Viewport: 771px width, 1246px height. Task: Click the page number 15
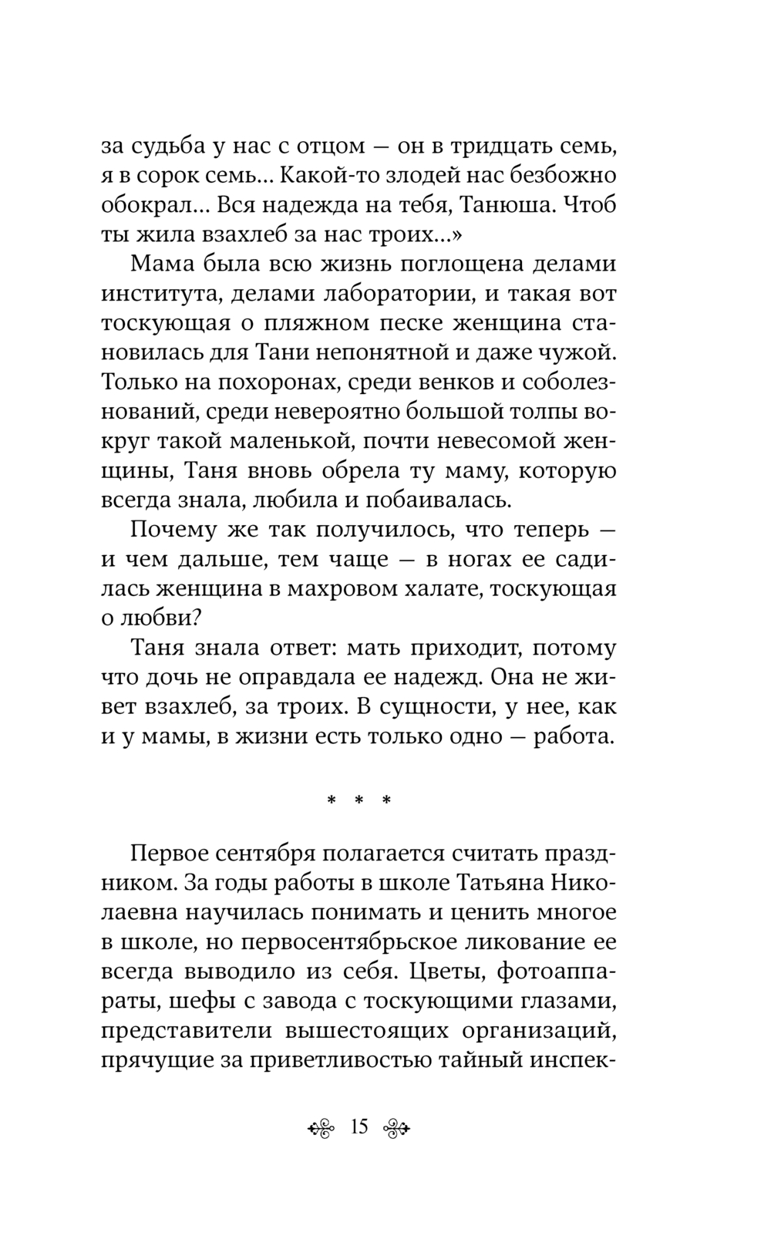coord(359,1126)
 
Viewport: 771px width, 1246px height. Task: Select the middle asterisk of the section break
coord(359,801)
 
